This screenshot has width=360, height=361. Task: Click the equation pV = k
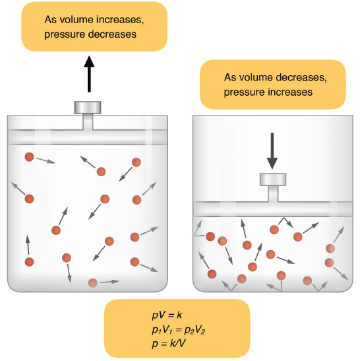[x=167, y=315]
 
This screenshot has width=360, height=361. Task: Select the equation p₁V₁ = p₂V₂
[x=178, y=330]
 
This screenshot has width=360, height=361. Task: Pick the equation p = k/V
[x=169, y=344]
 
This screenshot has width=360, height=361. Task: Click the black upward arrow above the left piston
[x=89, y=74]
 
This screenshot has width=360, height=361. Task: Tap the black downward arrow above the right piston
[x=272, y=151]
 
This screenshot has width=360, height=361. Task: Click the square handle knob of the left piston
[x=88, y=108]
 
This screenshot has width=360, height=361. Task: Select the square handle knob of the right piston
[x=273, y=180]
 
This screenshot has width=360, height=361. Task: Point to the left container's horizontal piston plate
[x=88, y=137]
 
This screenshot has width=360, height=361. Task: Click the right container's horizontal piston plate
[x=273, y=209]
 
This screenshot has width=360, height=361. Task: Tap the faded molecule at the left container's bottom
[x=93, y=282]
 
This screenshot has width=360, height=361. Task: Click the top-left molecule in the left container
[x=29, y=157]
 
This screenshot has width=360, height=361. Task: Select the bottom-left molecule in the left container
[x=29, y=262]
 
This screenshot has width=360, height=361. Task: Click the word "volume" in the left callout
[x=76, y=20]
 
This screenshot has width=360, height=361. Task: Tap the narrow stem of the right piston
[x=273, y=194]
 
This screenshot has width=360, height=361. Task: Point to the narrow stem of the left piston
[x=88, y=122]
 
